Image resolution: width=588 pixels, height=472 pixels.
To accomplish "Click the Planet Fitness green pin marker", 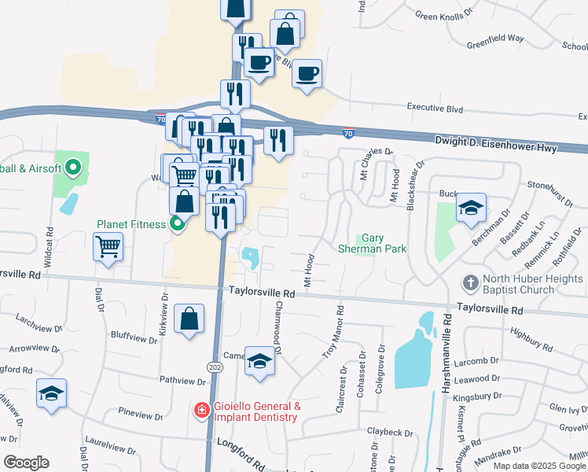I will (x=177, y=224).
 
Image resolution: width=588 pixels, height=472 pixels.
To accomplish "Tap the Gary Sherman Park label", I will (x=383, y=243).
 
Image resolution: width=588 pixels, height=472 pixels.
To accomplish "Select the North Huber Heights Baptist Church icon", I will (x=470, y=282).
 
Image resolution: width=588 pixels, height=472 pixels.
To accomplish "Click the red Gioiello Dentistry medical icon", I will (x=201, y=411).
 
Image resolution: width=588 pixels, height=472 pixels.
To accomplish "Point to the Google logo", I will (x=25, y=463).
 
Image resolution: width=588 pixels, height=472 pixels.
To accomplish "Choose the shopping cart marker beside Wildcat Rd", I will (x=108, y=247).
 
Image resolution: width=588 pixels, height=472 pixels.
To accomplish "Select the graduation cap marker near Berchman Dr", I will (x=471, y=208).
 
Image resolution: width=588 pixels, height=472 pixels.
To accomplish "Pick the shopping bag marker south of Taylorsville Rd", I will (x=189, y=319).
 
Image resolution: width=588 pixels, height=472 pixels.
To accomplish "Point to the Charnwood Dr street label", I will (x=277, y=328).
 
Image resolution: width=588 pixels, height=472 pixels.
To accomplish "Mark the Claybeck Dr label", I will (x=389, y=432).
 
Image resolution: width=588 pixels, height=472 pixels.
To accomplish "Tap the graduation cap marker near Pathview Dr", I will (x=52, y=393).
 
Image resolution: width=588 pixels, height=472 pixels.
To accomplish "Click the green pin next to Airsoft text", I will (x=73, y=168).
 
